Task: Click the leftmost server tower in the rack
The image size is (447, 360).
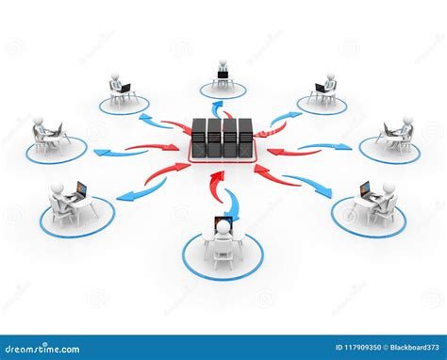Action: click(x=199, y=138)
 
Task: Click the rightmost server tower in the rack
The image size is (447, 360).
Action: click(x=245, y=138)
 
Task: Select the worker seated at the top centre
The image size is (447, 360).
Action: click(x=223, y=74)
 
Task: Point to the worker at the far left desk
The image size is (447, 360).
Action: click(x=41, y=133)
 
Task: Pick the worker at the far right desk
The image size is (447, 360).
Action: click(x=405, y=132)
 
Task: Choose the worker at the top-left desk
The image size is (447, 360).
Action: click(x=116, y=85)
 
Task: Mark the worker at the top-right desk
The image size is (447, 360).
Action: click(x=329, y=86)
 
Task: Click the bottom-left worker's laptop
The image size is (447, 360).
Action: click(x=80, y=191)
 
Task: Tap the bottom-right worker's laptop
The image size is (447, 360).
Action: click(x=366, y=191)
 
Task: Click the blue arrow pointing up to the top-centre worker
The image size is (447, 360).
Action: click(x=218, y=108)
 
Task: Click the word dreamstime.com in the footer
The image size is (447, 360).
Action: click(x=42, y=349)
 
